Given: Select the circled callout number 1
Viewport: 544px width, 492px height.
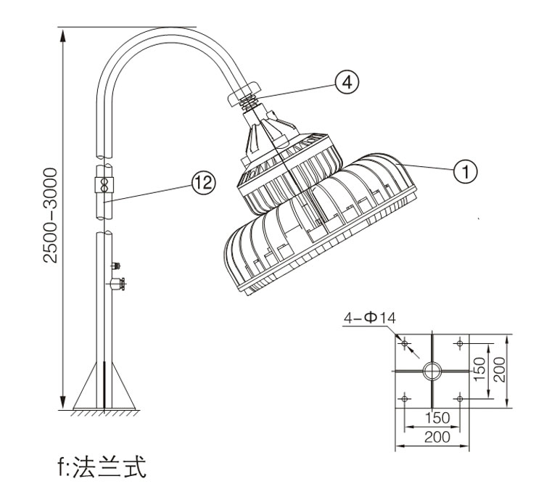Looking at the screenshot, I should (x=464, y=171).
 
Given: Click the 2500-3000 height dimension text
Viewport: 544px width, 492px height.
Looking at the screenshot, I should (x=49, y=216).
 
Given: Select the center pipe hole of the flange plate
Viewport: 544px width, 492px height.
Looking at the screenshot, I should (x=432, y=370).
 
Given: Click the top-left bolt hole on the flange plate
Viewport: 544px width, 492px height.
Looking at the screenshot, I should (x=405, y=343).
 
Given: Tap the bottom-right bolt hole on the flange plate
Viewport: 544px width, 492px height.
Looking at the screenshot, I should (x=460, y=398).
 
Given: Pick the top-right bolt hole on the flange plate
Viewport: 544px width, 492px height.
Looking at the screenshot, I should (x=460, y=343).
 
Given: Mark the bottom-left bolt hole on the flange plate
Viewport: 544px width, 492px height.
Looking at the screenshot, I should (x=405, y=398).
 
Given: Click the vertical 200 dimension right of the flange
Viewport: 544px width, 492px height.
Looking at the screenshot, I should (x=500, y=371).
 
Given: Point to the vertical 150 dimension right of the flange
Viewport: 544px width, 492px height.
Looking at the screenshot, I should (x=479, y=371).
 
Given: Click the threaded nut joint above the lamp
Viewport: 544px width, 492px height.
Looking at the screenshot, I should (x=246, y=97).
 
